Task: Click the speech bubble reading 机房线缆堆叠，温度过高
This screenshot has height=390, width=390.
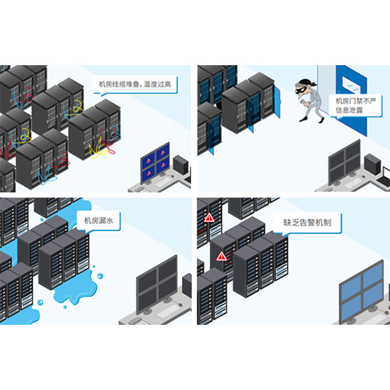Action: click(136, 85)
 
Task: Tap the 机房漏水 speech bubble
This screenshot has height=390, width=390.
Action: click(99, 221)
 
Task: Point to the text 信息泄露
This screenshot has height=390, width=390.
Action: click(349, 110)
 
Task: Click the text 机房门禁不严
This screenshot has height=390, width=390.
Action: click(356, 101)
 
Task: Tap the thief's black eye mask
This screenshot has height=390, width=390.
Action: click(300, 90)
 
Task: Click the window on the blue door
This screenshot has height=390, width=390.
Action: click(351, 84)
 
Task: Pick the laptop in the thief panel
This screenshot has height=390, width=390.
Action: click(384, 177)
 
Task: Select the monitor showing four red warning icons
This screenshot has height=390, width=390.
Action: click(155, 163)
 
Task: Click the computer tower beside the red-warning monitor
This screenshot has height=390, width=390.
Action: click(181, 164)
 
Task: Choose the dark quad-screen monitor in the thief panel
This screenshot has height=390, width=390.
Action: click(344, 163)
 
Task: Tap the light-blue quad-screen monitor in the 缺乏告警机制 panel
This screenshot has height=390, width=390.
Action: click(362, 293)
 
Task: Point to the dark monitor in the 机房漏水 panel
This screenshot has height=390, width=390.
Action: click(158, 284)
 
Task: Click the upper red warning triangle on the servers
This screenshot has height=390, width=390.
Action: click(209, 217)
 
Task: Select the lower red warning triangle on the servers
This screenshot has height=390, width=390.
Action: click(221, 256)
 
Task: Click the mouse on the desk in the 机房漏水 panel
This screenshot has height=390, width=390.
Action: click(181, 305)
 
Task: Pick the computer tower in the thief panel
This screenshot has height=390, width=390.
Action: click(372, 164)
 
